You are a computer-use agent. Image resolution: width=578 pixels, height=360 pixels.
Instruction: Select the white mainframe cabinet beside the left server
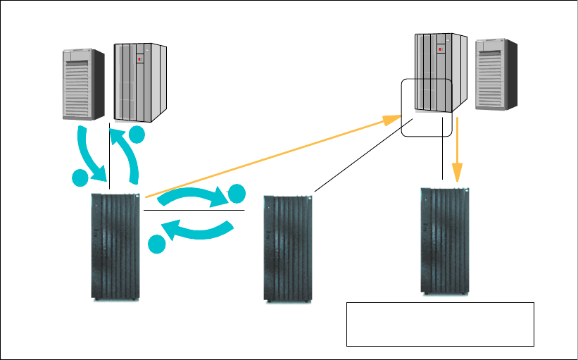pyautogui.click(x=140, y=82)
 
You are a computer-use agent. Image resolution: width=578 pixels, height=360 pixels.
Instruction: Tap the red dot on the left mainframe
pyautogui.click(x=139, y=59)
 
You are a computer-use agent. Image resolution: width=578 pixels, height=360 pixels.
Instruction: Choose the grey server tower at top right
pyautogui.click(x=496, y=74)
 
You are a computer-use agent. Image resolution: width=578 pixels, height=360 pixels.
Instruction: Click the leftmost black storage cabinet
pyautogui.click(x=115, y=247)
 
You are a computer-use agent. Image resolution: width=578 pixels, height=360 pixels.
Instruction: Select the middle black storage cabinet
pyautogui.click(x=287, y=247)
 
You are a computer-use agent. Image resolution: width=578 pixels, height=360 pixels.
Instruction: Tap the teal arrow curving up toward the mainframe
pyautogui.click(x=130, y=154)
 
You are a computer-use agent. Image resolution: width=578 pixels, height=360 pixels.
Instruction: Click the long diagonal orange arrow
pyautogui.click(x=268, y=156)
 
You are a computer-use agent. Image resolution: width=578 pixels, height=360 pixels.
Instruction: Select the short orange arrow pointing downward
pyautogui.click(x=458, y=152)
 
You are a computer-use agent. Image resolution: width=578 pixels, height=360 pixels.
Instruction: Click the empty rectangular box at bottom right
pyautogui.click(x=440, y=324)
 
